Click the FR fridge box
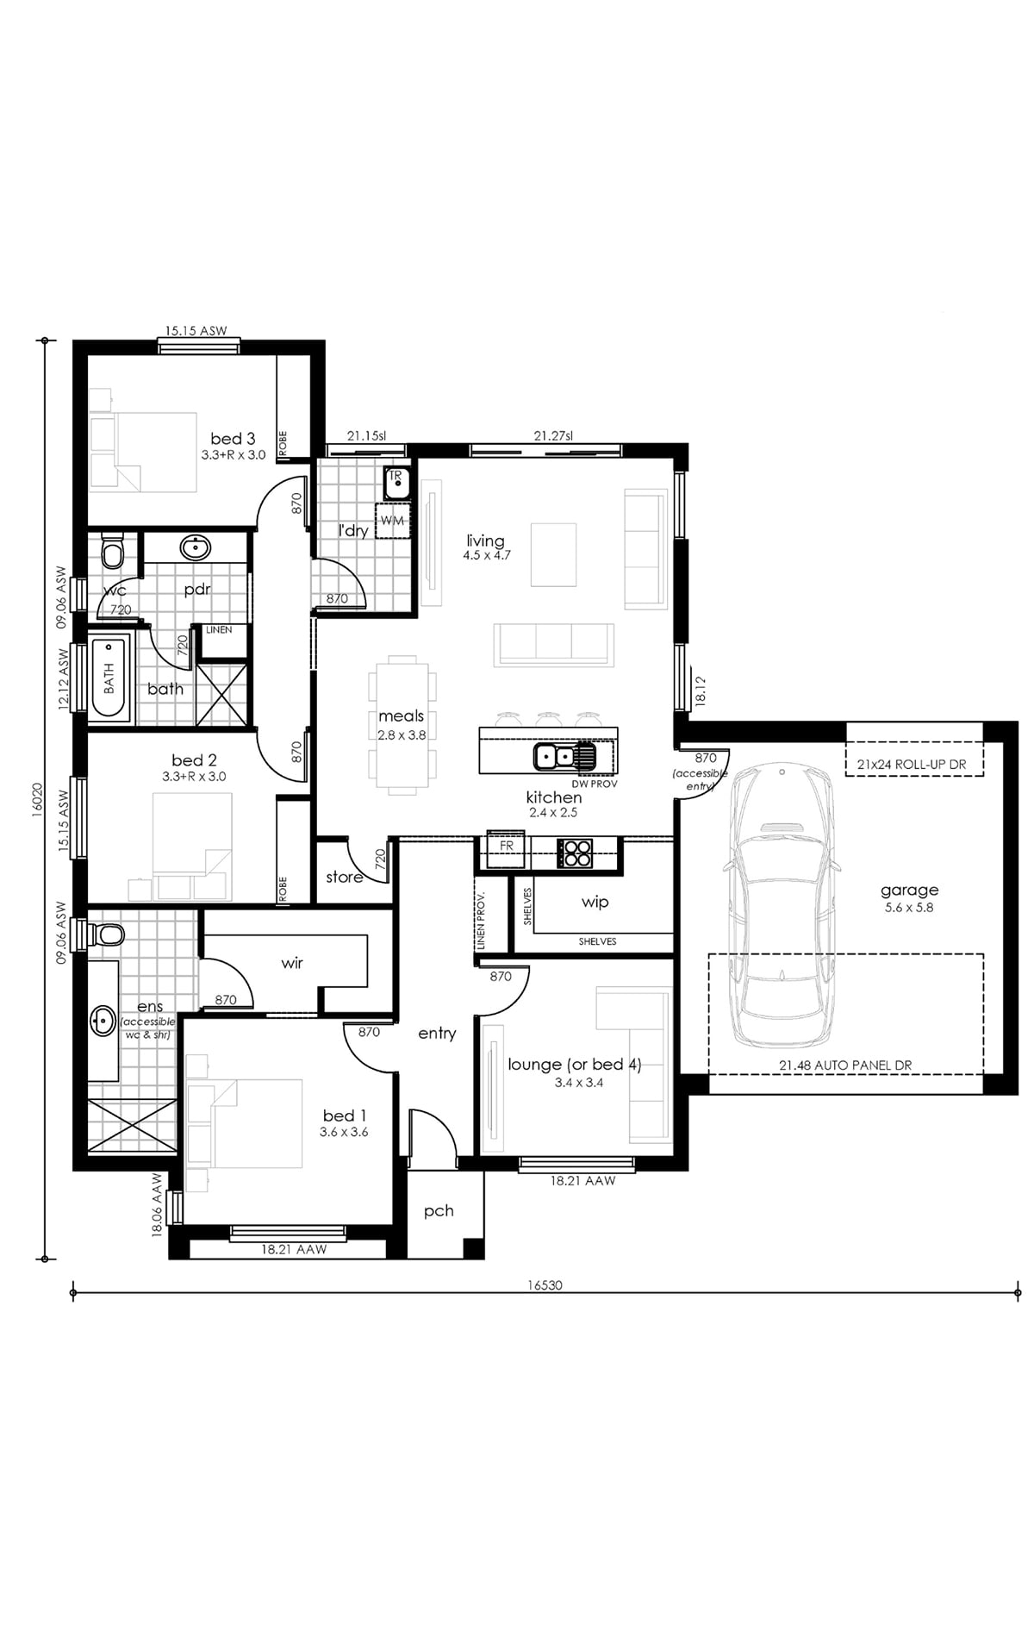tap(507, 846)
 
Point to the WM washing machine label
tap(392, 521)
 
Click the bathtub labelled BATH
tap(109, 678)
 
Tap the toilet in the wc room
tap(113, 552)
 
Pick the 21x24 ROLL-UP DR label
tap(911, 764)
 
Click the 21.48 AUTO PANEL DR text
tap(845, 1065)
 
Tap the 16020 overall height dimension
tap(36, 799)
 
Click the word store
tap(344, 877)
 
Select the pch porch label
tap(439, 1211)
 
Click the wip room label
tap(595, 902)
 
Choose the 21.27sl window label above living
tap(553, 436)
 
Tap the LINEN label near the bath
tap(219, 630)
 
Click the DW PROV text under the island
tap(594, 784)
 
